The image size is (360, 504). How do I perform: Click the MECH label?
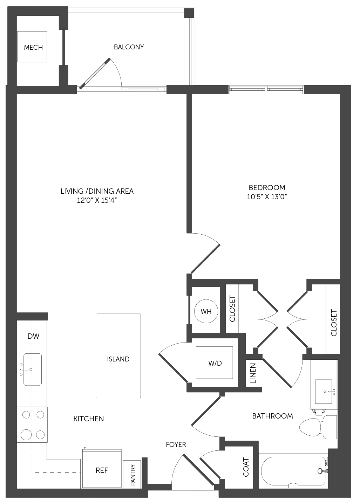click(33, 48)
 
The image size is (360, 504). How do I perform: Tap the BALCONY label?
click(129, 47)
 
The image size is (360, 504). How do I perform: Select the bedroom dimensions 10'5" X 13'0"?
click(267, 197)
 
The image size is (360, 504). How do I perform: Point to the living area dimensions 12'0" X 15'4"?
click(97, 200)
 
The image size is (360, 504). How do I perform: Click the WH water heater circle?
click(206, 311)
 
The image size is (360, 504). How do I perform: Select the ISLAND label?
click(118, 359)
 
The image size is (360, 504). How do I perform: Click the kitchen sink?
click(32, 370)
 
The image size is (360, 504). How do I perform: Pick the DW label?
click(33, 336)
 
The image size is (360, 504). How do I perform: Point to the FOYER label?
click(176, 444)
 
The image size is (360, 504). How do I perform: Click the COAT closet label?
click(246, 468)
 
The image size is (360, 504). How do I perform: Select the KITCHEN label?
click(89, 419)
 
